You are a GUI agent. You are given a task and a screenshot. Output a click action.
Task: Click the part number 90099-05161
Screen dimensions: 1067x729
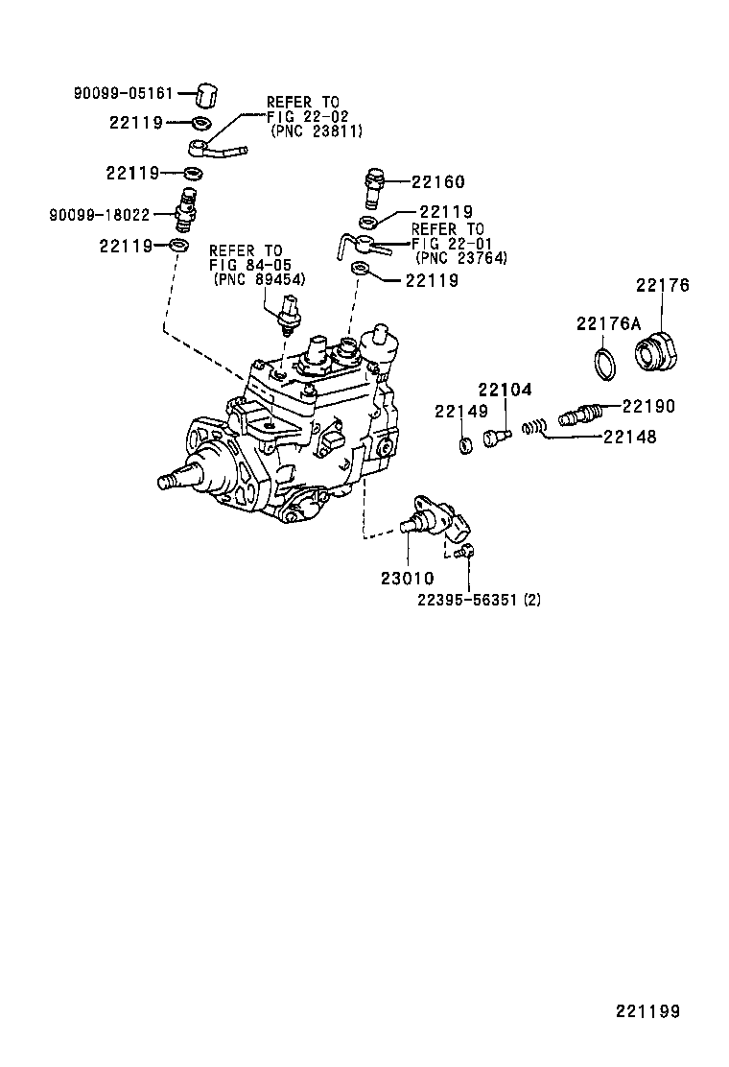124,94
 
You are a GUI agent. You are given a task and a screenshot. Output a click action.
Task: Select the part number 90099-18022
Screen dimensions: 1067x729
99,214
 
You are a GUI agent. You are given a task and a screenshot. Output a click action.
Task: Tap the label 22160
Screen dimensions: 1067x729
438,182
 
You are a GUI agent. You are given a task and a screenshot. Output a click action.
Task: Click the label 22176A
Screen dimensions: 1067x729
608,324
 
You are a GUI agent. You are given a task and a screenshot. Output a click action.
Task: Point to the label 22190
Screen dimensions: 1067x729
648,407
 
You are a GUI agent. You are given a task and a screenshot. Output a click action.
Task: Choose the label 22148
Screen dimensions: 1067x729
629,437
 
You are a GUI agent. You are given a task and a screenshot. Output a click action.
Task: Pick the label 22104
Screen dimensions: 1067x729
505,390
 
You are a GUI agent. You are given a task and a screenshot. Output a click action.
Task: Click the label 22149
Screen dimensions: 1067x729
460,412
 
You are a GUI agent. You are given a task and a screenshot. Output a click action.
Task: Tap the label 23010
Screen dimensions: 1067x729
407,579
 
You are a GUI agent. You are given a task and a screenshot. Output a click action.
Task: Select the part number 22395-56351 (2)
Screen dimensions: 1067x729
479,600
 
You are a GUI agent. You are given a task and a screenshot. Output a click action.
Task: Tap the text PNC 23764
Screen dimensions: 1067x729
460,257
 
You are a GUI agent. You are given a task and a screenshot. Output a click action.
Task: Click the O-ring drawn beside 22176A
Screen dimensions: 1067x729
603,363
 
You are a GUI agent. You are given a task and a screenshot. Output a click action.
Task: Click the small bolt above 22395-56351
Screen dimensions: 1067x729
467,551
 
